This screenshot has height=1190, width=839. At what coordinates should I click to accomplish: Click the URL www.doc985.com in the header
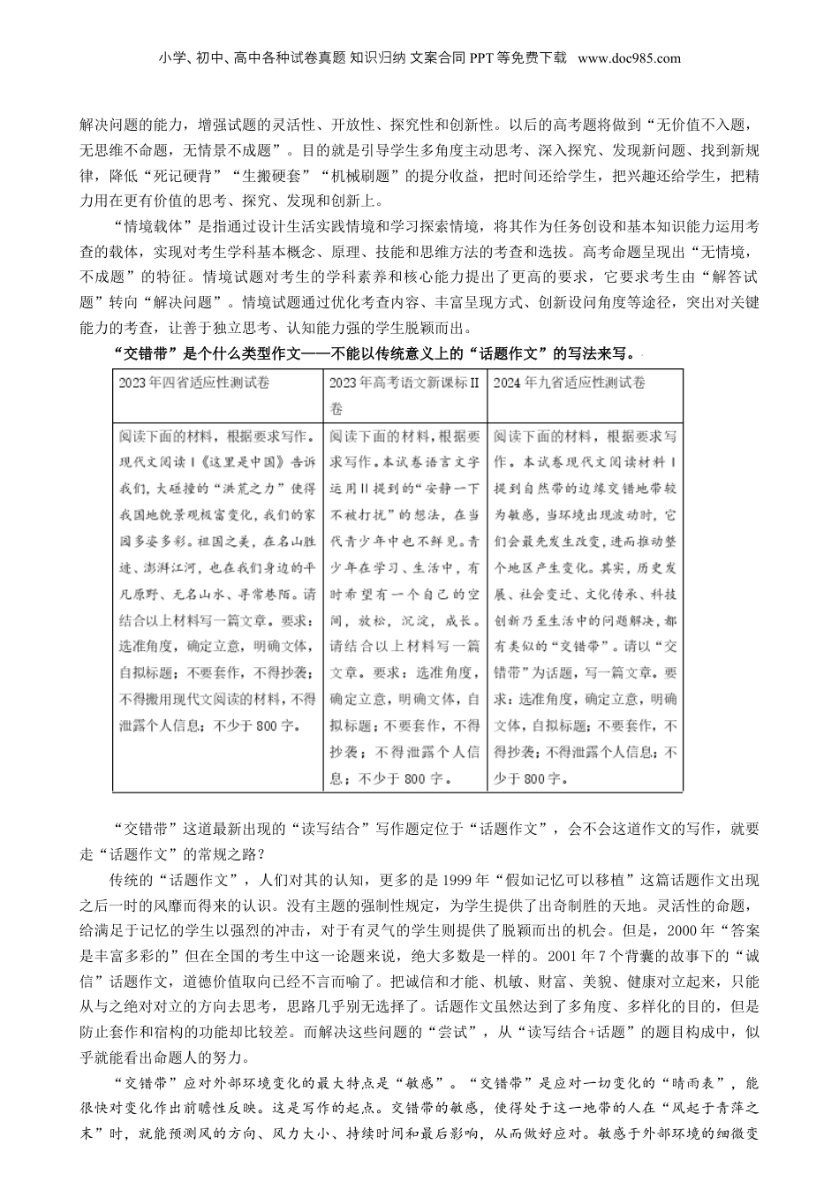coord(629,58)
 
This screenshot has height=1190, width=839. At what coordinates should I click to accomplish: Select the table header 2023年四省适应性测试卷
coord(194,383)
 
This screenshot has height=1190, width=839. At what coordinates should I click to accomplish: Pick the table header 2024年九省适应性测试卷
coord(569,383)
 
